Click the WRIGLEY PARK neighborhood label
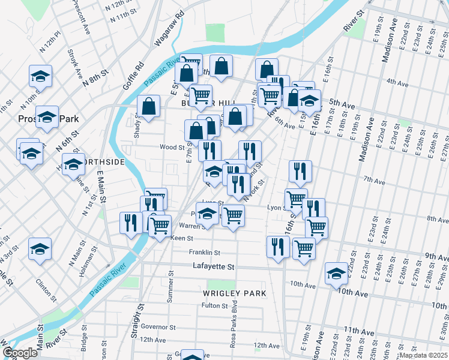pos(230,293)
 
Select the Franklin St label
pos(205,253)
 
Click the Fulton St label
pos(214,305)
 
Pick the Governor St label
pos(158,328)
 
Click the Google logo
pos(20,353)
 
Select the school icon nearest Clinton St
pos(40,248)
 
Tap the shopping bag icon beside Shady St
pos(148,106)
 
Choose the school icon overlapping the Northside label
pos(73,164)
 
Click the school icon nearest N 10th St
pos(40,76)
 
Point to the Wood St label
pos(172,146)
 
